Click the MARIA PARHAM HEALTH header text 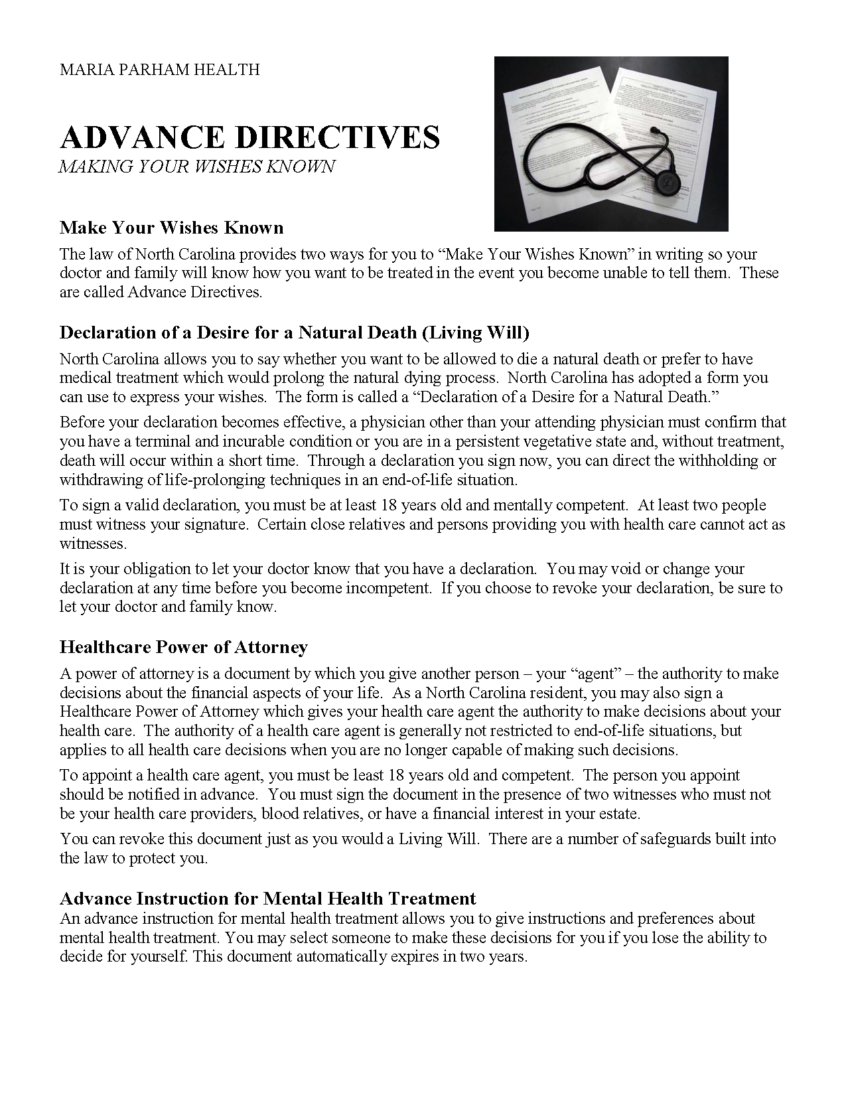coord(159,69)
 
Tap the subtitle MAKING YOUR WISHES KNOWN coord(196,167)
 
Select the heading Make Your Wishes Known coord(171,228)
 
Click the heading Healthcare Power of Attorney coord(183,646)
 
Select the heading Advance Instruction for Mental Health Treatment coord(267,898)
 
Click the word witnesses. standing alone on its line coord(93,544)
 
